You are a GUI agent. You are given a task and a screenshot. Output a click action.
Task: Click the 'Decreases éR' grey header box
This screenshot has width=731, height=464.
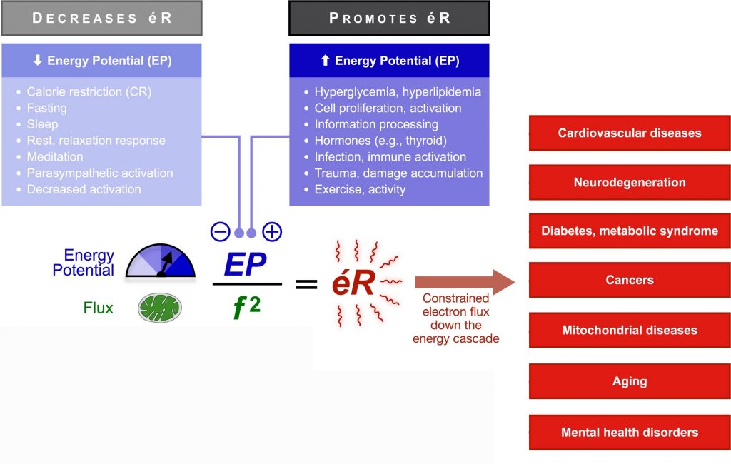(x=101, y=19)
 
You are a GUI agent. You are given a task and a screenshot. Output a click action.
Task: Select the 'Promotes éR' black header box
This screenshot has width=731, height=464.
(x=389, y=19)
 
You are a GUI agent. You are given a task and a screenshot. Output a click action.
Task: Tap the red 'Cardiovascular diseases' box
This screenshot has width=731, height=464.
(x=629, y=133)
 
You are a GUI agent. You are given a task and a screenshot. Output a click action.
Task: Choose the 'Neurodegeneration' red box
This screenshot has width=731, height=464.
(x=629, y=182)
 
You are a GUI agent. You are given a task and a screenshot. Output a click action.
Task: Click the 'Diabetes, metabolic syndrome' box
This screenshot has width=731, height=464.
(x=629, y=231)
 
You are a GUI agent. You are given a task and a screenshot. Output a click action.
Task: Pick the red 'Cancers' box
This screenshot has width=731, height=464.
(x=629, y=281)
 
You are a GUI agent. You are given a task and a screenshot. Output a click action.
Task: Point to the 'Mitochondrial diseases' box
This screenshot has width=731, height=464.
(x=629, y=330)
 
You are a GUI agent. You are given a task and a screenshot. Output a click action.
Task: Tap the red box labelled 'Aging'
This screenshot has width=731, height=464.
(x=629, y=381)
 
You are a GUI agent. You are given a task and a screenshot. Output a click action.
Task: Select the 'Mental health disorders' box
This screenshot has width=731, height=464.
(x=629, y=432)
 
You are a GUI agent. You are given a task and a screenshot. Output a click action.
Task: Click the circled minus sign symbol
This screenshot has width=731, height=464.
(x=219, y=232)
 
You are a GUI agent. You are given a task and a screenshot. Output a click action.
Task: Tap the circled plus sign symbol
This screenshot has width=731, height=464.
(x=272, y=232)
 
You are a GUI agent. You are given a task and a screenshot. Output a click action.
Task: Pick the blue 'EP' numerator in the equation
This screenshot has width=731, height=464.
(x=245, y=265)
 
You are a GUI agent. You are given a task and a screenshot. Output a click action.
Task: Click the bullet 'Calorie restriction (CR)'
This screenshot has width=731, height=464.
(x=89, y=91)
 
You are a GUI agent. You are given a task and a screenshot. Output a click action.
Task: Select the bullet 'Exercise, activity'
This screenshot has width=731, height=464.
(x=360, y=189)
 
